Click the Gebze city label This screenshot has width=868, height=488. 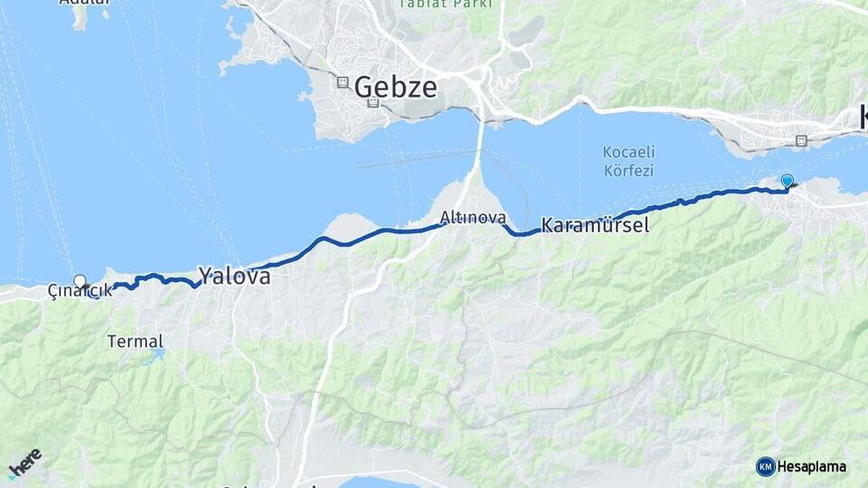point(395,88)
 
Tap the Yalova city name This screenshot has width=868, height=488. point(234,277)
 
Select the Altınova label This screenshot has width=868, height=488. point(473,218)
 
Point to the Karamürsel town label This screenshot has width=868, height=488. point(595,225)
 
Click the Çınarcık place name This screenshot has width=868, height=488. point(80,291)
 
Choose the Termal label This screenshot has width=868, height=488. point(136,342)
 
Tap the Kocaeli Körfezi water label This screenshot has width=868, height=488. point(628,161)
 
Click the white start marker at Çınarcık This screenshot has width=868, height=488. point(80,281)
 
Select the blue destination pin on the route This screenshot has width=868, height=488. point(787,182)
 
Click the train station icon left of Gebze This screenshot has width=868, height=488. point(343,82)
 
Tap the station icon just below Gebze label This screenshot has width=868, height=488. point(373,103)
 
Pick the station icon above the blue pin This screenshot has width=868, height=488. point(800,140)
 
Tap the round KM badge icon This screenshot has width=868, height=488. point(765,466)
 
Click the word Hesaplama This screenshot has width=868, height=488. point(812,466)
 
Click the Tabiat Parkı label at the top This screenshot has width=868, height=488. point(447,4)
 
